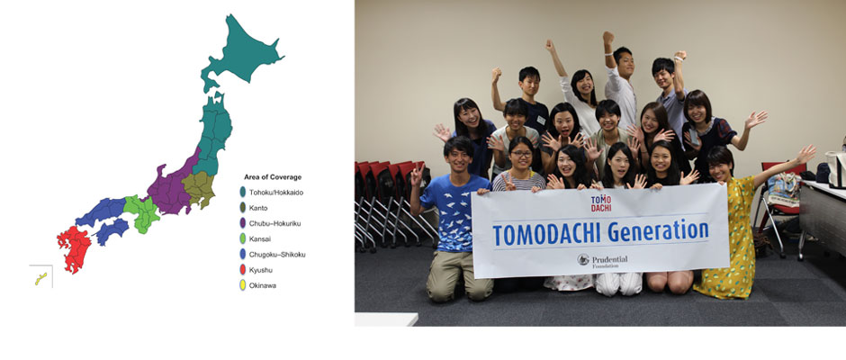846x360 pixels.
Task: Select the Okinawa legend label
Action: tap(262, 285)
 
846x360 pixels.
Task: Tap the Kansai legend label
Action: tap(258, 238)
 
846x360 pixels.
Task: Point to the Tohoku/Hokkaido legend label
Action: tap(275, 192)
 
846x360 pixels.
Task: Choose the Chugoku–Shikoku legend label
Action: tap(277, 254)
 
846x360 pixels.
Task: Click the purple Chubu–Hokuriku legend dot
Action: tap(243, 223)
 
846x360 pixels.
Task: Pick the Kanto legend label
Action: tap(258, 208)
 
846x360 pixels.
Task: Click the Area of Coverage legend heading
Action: tap(273, 176)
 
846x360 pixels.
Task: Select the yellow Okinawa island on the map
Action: tap(41, 278)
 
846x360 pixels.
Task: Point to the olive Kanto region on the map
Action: tap(199, 189)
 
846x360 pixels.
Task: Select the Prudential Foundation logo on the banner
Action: tap(602, 261)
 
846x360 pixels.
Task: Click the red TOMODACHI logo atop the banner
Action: tap(600, 203)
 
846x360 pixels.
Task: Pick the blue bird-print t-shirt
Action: tap(454, 213)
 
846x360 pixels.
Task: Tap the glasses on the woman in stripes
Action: tap(520, 154)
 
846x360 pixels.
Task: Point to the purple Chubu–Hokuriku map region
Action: tap(170, 186)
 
